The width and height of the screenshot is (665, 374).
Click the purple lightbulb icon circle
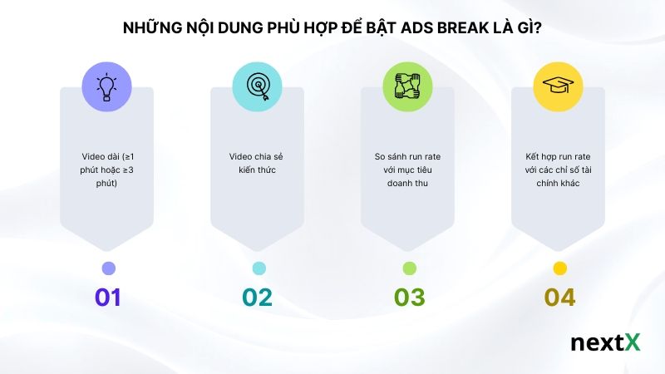tap(107, 86)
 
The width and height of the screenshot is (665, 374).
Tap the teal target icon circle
tap(258, 86)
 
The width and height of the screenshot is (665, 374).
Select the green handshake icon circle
tap(408, 86)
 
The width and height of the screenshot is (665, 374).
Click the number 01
tap(107, 298)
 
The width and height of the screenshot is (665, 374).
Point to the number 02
tap(258, 298)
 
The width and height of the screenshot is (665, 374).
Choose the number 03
tap(408, 298)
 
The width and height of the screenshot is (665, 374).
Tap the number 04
tap(559, 298)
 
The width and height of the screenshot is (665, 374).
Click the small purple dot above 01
tap(108, 268)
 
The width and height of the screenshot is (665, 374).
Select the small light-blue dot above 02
tap(259, 268)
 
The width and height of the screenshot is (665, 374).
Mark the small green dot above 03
tap(409, 268)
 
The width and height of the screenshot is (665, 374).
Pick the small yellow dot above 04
tap(559, 268)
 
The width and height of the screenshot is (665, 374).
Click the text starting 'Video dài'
tap(107, 169)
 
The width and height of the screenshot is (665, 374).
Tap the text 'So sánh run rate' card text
tap(408, 169)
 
